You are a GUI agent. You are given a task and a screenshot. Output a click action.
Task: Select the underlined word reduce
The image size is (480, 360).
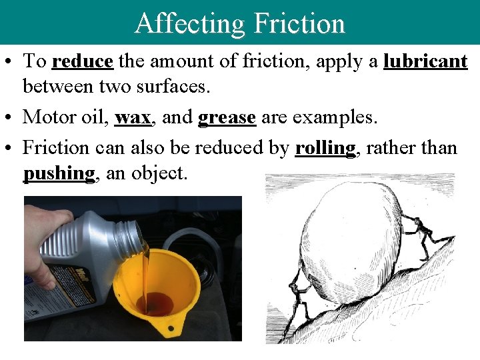coord(82,61)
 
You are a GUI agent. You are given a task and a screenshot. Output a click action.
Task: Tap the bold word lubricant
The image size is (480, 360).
coord(425,61)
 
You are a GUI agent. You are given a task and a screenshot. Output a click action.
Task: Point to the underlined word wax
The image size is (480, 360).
coord(133,117)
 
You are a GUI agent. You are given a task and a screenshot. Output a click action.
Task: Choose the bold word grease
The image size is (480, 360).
coord(227,117)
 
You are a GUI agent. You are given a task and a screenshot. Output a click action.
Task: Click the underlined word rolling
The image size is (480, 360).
coord(325,147)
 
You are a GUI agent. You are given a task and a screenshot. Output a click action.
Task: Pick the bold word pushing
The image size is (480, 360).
coord(59,173)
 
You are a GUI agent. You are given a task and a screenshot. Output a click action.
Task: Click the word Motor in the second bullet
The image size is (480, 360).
coord(49,117)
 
